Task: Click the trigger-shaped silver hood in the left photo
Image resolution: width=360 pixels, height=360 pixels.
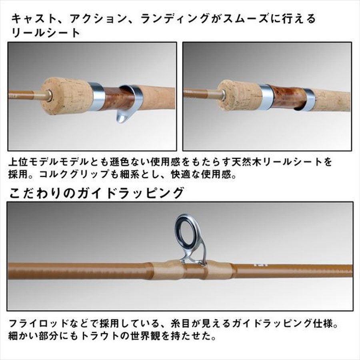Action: pyautogui.click(x=125, y=106)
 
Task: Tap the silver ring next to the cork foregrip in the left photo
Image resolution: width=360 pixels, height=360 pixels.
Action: pyautogui.click(x=96, y=96)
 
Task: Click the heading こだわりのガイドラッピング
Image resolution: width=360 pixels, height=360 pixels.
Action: pyautogui.click(x=96, y=193)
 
